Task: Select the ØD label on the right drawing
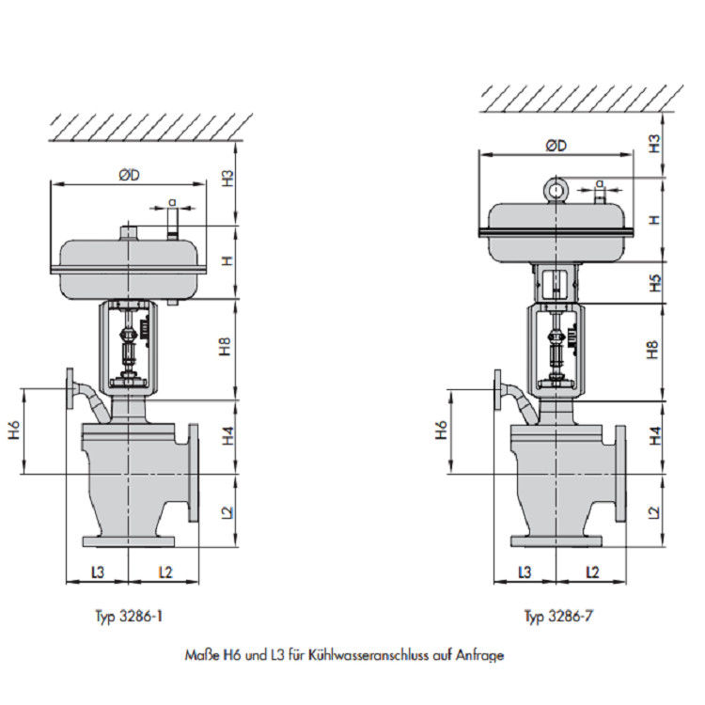click(556, 146)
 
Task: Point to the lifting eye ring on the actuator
click(557, 191)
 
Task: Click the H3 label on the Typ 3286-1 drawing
click(227, 180)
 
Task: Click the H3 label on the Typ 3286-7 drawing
click(655, 143)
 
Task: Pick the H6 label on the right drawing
click(441, 431)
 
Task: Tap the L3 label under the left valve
click(97, 571)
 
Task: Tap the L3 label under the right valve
click(525, 571)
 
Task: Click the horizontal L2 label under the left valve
click(164, 571)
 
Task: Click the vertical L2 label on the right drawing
click(655, 511)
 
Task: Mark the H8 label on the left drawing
click(227, 348)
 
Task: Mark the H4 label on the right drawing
click(655, 436)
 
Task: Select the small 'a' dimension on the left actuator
click(172, 201)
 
